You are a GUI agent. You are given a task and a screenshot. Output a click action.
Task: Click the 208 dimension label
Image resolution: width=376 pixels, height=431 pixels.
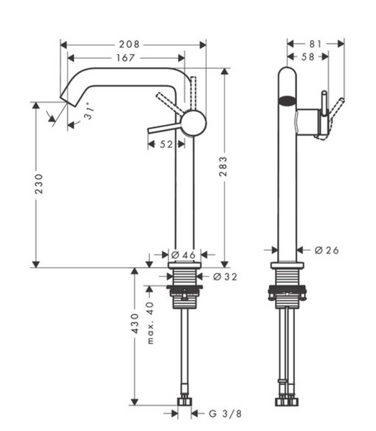[129, 45]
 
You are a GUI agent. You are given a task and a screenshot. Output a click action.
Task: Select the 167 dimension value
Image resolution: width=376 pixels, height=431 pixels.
[126, 57]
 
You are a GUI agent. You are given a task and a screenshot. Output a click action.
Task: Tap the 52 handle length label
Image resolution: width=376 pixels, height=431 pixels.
[166, 144]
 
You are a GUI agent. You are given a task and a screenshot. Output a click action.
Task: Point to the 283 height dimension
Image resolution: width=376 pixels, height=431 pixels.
[223, 166]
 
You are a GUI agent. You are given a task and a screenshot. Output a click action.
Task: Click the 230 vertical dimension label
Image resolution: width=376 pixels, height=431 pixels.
[39, 184]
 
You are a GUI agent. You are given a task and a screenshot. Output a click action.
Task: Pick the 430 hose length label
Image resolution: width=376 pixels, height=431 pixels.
[135, 323]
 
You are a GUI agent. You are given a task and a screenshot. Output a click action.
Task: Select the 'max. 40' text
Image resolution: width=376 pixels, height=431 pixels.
[150, 323]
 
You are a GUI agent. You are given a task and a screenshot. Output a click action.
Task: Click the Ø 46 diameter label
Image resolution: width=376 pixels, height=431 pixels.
[184, 255]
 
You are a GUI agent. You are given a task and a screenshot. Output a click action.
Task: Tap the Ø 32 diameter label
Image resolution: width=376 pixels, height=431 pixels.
[225, 277]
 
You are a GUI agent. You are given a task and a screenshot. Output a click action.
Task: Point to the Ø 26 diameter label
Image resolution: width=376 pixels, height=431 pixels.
[326, 250]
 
